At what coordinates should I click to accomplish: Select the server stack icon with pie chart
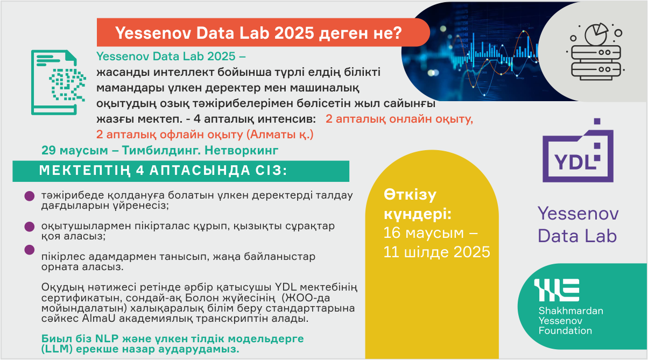(596, 52)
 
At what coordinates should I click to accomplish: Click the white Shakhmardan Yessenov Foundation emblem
(557, 290)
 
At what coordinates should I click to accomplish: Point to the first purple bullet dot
(30, 196)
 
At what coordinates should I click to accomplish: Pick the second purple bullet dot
(30, 227)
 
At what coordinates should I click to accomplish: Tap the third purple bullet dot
(30, 250)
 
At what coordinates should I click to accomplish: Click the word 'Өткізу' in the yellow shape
(410, 195)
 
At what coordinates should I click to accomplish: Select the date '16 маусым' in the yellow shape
(424, 232)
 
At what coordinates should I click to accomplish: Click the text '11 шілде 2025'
(437, 252)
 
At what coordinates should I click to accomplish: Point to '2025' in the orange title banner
(294, 33)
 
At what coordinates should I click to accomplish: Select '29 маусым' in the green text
(75, 150)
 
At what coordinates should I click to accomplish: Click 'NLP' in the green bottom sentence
(107, 338)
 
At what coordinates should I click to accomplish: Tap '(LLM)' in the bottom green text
(57, 349)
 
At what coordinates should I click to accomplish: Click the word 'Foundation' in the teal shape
(565, 330)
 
